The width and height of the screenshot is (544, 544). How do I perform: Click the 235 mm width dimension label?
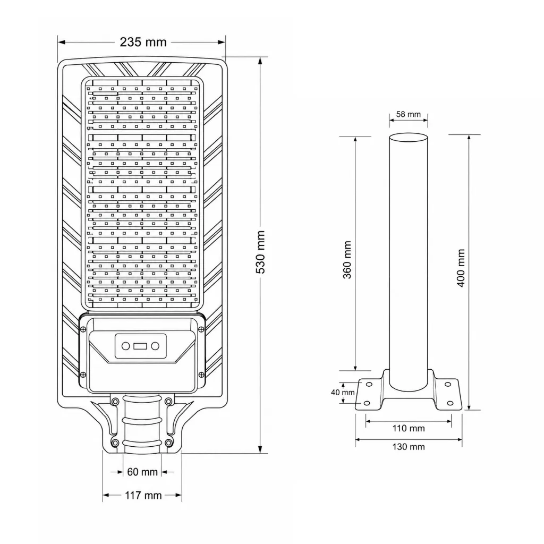pos(143,42)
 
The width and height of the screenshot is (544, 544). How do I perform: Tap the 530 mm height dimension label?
pos(260,252)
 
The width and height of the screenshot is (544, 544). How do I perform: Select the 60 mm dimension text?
pos(142,472)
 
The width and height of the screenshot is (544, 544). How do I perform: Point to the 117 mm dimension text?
pos(143,495)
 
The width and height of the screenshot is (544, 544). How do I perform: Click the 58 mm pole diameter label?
pos(409,114)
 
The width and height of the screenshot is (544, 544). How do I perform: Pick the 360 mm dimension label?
pos(347,260)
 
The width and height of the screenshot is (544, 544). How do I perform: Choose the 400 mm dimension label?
pos(461,268)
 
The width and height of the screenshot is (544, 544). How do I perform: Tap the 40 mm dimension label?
pos(343,393)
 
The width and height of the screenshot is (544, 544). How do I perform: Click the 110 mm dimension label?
pos(409,429)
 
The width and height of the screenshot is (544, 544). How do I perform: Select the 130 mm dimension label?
pos(409,447)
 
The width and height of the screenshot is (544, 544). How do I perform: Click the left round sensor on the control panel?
pos(125,346)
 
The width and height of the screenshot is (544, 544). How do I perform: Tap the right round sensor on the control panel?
pos(155,346)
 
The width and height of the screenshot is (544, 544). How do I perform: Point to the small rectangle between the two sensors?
pos(140,346)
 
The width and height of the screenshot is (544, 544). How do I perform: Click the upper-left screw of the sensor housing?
pos(83,329)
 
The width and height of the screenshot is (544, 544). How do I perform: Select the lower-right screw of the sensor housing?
pos(201,375)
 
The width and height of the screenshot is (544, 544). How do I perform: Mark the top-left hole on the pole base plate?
pos(369,385)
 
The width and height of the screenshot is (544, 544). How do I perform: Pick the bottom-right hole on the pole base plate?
pos(450,403)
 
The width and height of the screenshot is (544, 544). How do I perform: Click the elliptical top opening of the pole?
pos(409,138)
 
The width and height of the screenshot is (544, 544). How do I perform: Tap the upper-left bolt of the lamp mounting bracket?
pos(115,402)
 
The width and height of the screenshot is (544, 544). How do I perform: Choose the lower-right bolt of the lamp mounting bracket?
pos(168,443)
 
